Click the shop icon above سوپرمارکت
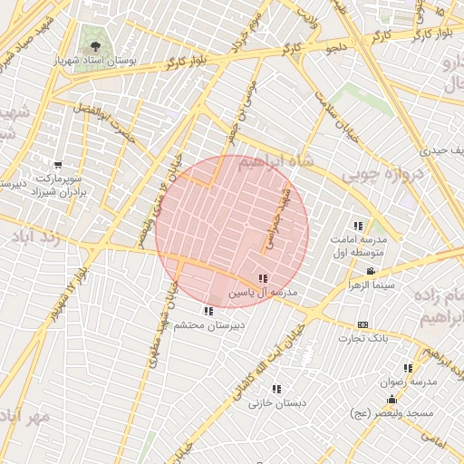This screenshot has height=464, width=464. click(58, 165)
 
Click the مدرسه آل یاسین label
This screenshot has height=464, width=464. click(263, 294)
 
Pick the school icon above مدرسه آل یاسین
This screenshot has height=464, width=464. click(263, 279)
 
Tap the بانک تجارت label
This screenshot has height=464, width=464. click(362, 338)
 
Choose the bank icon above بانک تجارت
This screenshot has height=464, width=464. click(363, 324)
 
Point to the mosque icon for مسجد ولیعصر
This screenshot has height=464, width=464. click(392, 399)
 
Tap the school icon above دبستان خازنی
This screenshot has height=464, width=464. click(276, 389)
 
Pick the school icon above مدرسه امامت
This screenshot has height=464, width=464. click(358, 225)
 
